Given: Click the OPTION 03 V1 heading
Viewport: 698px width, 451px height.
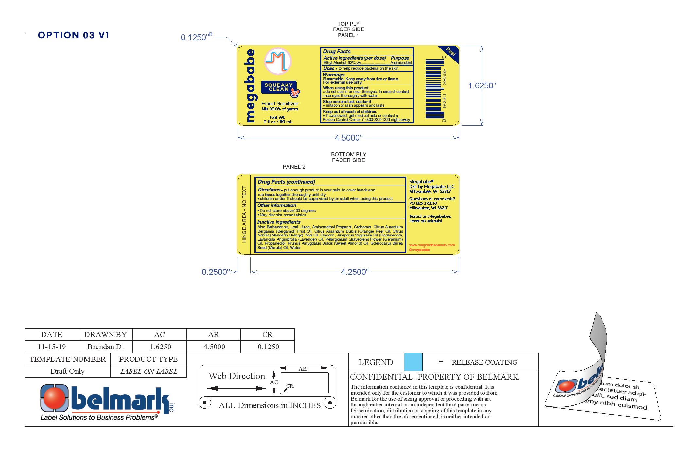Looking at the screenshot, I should tap(74, 35).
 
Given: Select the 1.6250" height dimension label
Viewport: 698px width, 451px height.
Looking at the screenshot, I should tap(482, 86).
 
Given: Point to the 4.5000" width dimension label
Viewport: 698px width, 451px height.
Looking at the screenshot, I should tap(348, 138).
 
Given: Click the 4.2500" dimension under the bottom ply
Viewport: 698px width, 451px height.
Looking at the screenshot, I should tap(355, 272).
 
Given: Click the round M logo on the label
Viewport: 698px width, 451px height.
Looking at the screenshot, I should tap(278, 61).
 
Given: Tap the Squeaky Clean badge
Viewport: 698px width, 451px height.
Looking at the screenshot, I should tap(279, 87).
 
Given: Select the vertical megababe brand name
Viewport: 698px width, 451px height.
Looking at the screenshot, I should tap(250, 86).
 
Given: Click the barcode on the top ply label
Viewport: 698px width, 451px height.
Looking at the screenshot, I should tap(433, 88).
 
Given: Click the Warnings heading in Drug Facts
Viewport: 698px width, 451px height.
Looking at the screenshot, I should tap(334, 75).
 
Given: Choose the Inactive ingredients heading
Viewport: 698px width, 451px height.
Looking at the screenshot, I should tap(279, 222).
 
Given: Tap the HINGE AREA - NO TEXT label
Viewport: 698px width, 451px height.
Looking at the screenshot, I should tap(244, 214).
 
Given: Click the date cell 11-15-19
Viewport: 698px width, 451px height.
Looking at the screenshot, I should tap(52, 347).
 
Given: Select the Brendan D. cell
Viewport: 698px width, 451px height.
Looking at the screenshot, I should tap(105, 347).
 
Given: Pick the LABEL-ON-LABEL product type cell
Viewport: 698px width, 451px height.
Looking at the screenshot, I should tap(148, 371).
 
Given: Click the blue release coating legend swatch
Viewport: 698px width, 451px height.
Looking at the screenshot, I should tap(413, 362).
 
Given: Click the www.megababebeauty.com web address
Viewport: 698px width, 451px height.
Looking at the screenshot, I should tap(432, 245).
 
